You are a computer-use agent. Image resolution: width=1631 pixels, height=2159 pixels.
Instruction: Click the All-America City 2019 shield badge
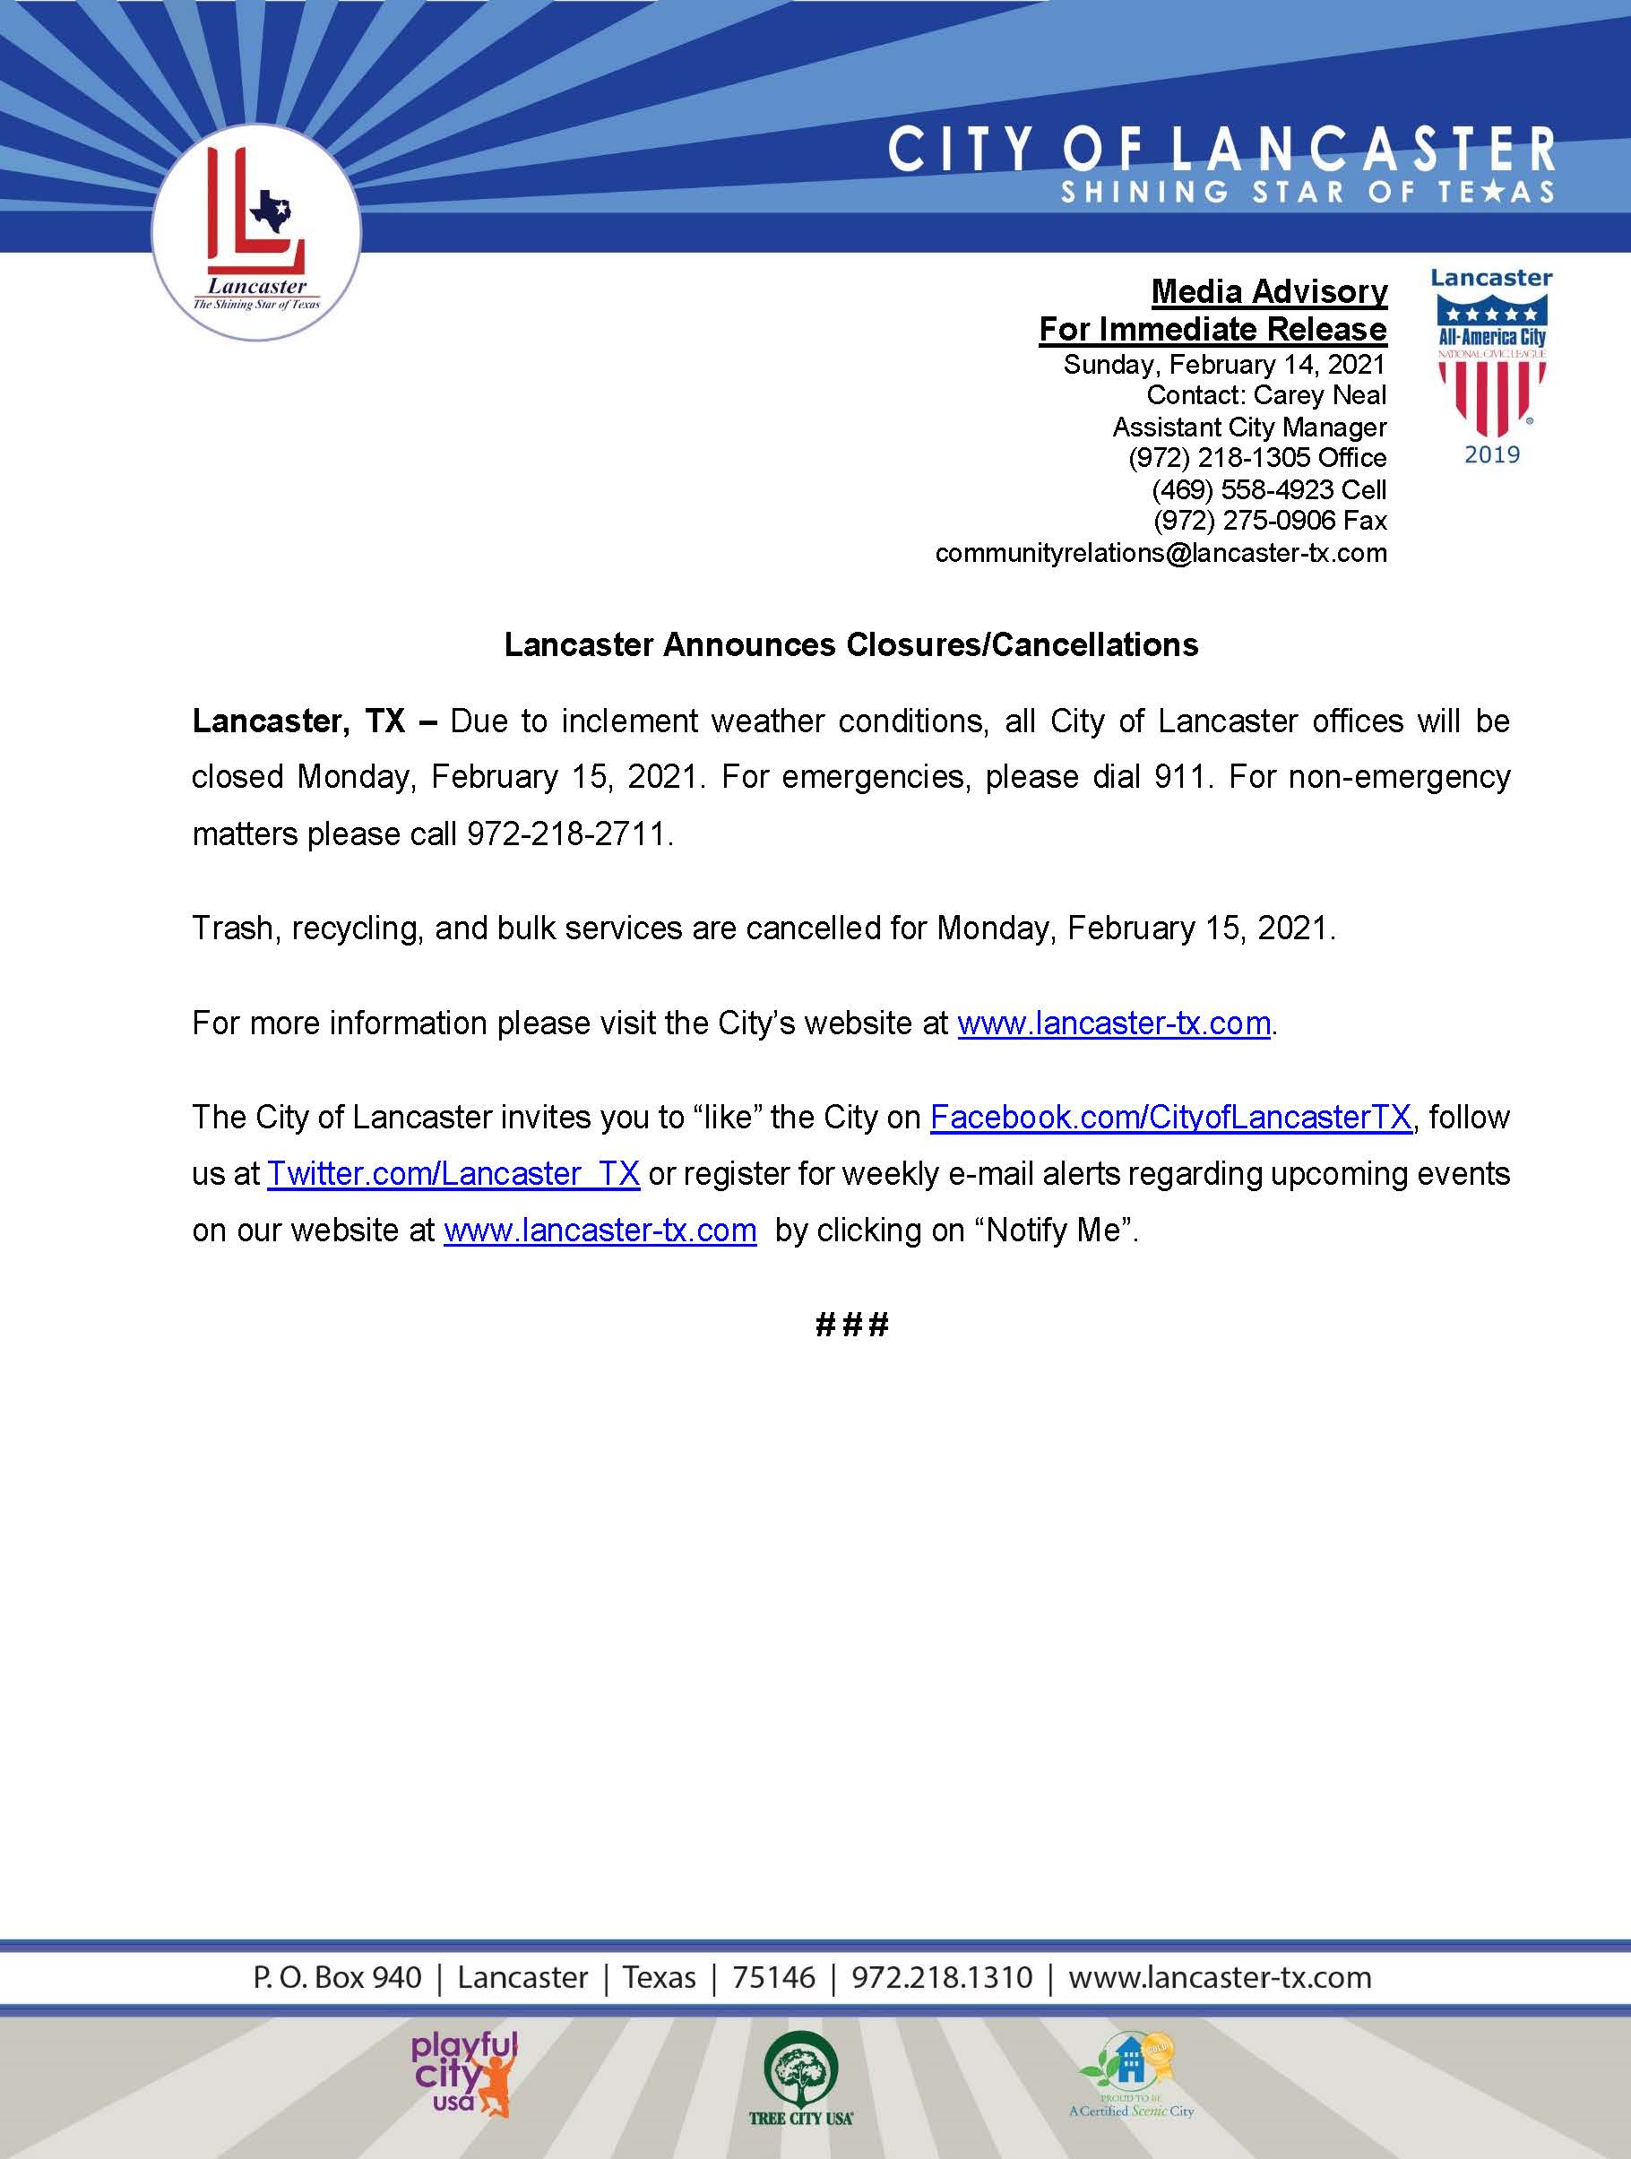click(x=1491, y=366)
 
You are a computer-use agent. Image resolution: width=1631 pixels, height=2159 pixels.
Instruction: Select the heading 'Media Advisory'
click(x=1269, y=291)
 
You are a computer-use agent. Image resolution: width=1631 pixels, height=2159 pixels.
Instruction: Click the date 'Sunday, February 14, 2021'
click(x=1224, y=365)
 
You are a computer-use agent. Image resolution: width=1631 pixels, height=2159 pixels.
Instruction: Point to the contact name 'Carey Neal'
click(x=1320, y=395)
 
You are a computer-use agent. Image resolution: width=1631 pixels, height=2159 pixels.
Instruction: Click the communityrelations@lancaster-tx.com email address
click(x=1161, y=552)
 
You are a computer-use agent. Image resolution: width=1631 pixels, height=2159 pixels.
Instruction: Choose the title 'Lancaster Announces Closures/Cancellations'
click(x=851, y=645)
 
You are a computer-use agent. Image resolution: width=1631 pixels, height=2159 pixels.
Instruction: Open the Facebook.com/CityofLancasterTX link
click(x=1170, y=1117)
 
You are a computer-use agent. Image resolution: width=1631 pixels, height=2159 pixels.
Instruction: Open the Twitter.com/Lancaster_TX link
click(x=453, y=1173)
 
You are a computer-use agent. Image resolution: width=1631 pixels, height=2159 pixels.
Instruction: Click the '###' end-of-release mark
click(x=851, y=1325)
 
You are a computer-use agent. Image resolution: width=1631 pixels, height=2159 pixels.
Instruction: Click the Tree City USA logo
click(x=800, y=2075)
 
